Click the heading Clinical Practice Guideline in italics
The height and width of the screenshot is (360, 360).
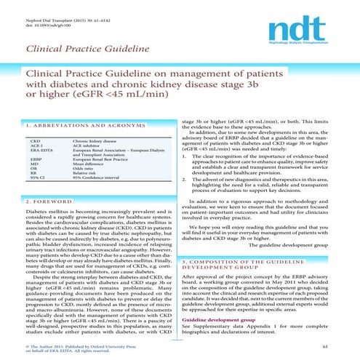coord(71,50)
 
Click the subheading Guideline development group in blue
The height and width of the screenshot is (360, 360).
coord(215,319)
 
